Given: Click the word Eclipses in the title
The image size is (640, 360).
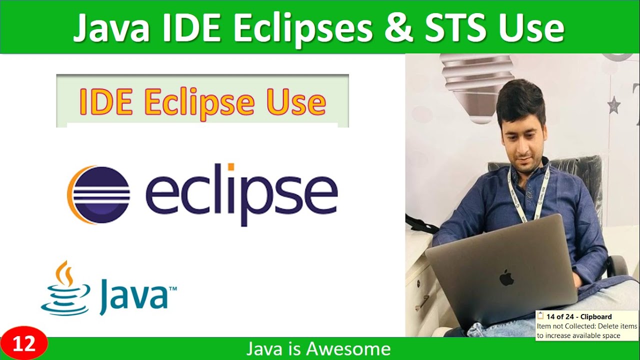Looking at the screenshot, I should point(302,29).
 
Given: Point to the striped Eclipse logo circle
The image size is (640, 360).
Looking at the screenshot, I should point(99,194).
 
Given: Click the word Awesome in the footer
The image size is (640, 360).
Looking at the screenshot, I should point(348,348).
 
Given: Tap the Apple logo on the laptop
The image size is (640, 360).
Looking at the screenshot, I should point(506,277).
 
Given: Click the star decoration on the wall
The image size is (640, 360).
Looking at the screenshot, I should point(613,105).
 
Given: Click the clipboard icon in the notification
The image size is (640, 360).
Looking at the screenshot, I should point(540,316).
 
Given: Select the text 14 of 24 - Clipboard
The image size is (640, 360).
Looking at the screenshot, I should point(579,316).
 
